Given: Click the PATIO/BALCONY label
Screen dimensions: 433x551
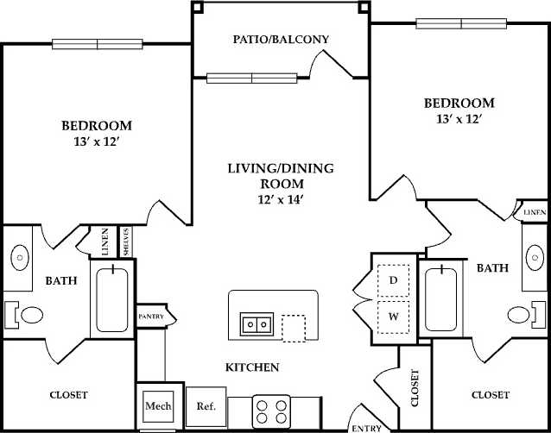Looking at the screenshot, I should click(281, 40).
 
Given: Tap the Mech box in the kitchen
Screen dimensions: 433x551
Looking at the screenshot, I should click(157, 405).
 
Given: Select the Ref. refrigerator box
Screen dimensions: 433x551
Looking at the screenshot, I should click(206, 405).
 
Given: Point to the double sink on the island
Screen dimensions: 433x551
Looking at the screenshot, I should click(257, 324).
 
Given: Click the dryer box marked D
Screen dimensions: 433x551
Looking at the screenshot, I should click(393, 280).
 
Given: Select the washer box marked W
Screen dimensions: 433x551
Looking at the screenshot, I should click(393, 317).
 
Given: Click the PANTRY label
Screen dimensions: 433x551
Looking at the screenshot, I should click(151, 317).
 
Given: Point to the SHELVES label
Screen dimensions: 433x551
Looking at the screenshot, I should click(126, 242).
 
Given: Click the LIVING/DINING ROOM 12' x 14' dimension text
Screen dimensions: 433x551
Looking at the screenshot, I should click(281, 200).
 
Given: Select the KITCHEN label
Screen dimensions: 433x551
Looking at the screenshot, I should click(252, 367).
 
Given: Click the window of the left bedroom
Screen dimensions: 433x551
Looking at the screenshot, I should click(97, 43).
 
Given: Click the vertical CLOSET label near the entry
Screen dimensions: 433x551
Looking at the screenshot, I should click(415, 388).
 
